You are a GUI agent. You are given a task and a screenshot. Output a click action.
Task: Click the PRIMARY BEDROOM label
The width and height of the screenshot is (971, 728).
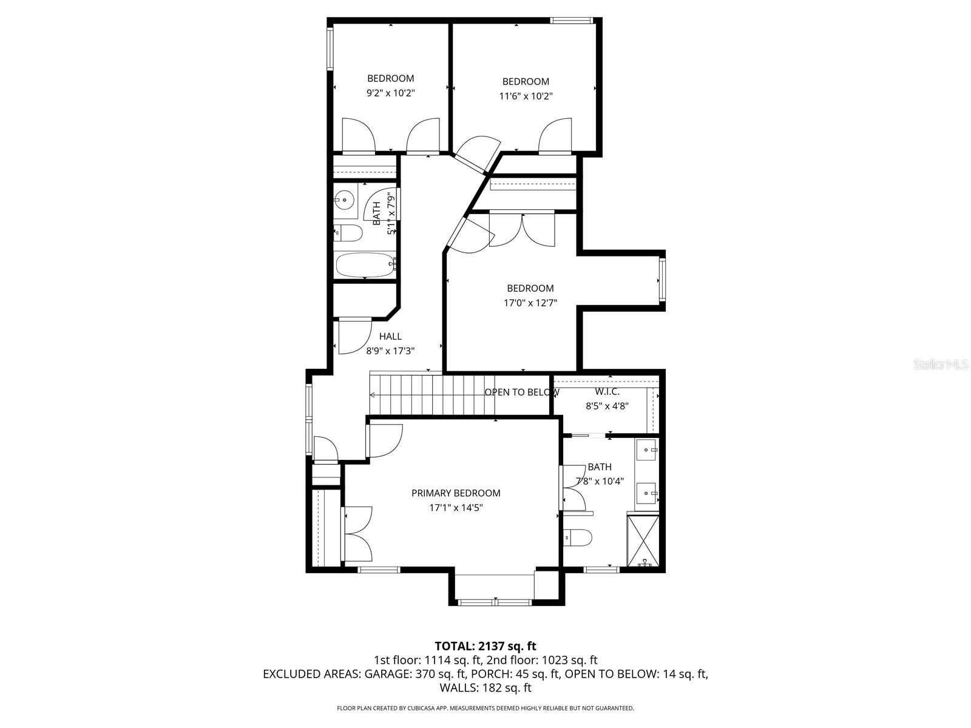point(456,493)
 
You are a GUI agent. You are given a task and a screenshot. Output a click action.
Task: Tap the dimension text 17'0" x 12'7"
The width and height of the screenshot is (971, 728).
point(530,303)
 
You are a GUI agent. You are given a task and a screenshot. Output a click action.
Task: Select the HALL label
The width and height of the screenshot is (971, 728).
point(390,336)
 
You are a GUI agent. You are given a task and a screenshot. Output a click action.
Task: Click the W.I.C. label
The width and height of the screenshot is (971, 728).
point(607,392)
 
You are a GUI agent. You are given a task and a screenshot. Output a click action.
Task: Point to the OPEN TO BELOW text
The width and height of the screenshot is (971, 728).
point(522,393)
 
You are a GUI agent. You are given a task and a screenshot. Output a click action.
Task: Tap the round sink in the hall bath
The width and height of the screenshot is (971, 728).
point(345,199)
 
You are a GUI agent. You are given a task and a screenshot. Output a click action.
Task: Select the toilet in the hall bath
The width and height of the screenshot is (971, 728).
point(348,232)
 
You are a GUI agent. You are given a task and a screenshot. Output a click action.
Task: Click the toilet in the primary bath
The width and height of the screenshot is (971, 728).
point(578,537)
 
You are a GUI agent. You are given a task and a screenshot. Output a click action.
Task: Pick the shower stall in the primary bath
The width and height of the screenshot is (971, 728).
point(643,541)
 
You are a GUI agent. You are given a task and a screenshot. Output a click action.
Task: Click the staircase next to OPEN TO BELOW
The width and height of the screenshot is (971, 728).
point(425,394)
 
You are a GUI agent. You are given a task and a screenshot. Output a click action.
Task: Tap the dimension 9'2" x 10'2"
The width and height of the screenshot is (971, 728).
point(390,93)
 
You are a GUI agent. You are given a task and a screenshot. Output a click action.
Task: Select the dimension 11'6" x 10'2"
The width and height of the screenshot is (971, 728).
point(526,96)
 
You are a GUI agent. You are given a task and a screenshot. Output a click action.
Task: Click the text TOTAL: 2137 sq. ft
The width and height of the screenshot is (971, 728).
point(486,646)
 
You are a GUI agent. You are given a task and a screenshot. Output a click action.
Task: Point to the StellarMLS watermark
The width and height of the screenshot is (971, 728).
point(941,365)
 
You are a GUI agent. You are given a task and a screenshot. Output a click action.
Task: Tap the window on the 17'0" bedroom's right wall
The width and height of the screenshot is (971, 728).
point(662,281)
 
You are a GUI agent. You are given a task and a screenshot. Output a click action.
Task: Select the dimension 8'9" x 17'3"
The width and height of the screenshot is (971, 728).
point(390,351)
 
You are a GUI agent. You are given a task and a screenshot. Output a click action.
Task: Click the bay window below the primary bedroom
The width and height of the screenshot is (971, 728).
point(495,602)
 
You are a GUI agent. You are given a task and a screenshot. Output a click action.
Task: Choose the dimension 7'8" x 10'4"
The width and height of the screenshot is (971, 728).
point(600,481)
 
